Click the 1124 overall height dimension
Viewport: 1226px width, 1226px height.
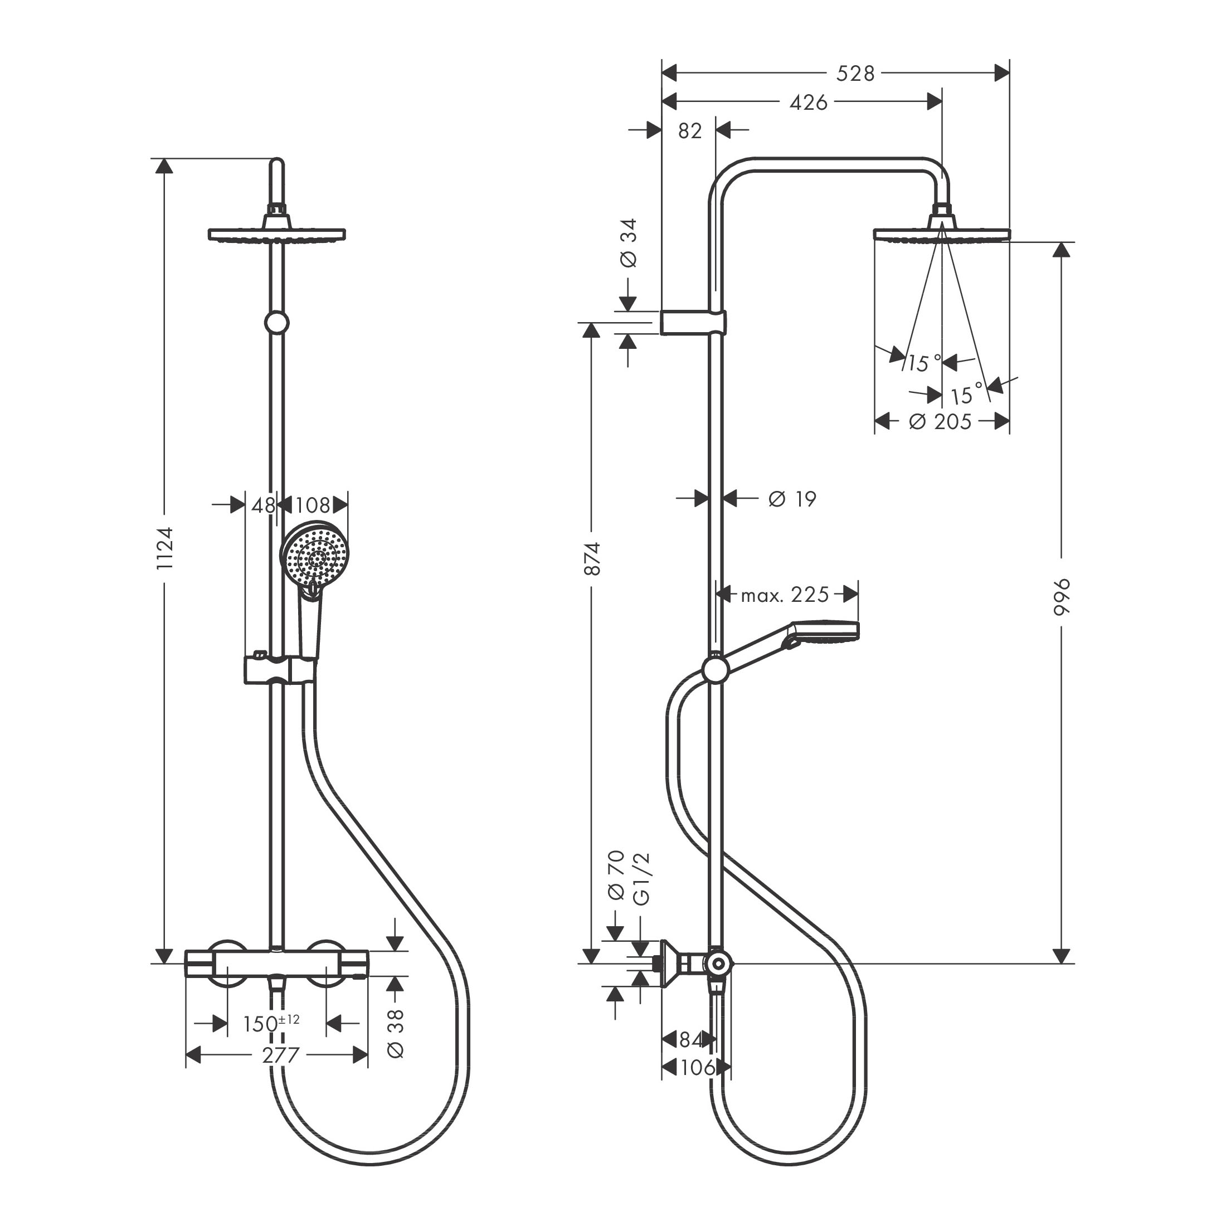[164, 548]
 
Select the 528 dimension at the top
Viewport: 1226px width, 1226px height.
[855, 74]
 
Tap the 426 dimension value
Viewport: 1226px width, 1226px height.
[808, 102]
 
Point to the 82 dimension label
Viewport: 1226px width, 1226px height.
[690, 131]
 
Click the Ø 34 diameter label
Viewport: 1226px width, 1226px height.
[627, 243]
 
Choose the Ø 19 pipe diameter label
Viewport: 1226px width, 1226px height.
[792, 499]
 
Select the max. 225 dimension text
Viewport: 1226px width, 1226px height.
[784, 595]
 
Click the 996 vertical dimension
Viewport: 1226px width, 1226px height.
[1061, 596]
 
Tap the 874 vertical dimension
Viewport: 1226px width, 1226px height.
[591, 558]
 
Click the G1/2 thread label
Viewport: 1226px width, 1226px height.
[641, 878]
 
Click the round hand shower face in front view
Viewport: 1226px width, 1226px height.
[315, 558]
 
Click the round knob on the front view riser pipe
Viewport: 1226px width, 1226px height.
[276, 322]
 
